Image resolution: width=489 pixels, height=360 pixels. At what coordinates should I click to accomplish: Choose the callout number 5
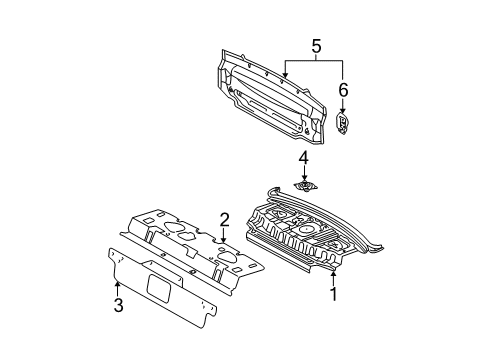coord(317,45)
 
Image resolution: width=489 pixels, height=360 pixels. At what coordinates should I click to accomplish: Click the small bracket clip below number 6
coord(343,124)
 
